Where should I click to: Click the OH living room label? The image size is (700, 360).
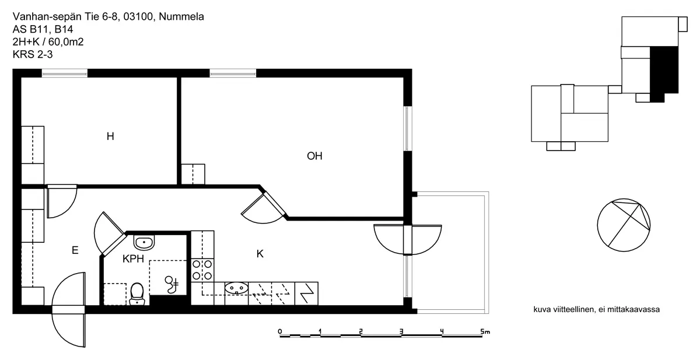tap(314, 156)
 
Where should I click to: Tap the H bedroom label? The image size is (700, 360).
tap(110, 137)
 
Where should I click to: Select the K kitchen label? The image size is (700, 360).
tap(260, 254)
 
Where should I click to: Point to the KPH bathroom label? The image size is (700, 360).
tap(133, 258)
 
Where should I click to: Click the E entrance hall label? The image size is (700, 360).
tap(75, 250)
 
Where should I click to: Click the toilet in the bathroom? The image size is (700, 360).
tap(136, 293)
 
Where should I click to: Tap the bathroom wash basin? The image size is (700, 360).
tap(144, 243)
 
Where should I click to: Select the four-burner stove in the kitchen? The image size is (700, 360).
tap(202, 270)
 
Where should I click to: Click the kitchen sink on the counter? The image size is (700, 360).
tap(236, 288)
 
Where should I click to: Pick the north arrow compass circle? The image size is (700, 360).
tap(624, 225)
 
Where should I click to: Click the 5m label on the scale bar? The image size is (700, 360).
tap(485, 331)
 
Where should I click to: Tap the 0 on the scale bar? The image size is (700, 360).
tap(279, 331)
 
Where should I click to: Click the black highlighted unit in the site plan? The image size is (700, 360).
tap(664, 74)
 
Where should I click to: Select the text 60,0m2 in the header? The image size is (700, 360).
tap(66, 42)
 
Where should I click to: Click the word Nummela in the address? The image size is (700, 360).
tap(181, 16)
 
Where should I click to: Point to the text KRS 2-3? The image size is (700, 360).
tap(33, 54)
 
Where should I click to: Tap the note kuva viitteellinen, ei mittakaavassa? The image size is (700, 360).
tap(597, 309)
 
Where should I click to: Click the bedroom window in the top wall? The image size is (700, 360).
tap(65, 74)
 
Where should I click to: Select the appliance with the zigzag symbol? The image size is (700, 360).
tap(306, 293)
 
